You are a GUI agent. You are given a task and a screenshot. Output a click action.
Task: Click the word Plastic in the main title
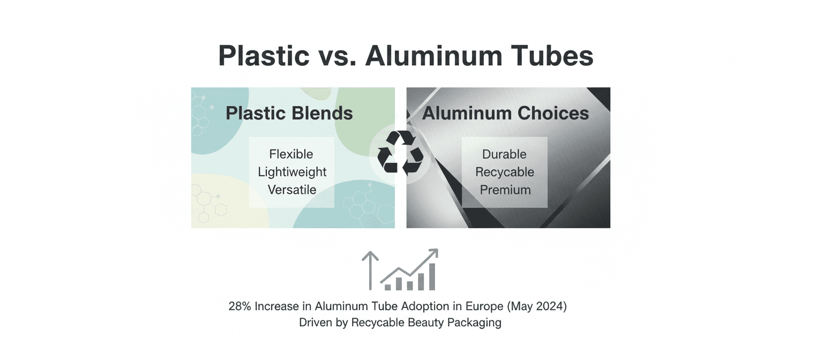(264, 56)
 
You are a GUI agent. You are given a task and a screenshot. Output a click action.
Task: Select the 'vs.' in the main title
(337, 58)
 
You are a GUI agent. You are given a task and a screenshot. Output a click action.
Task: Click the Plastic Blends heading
(289, 113)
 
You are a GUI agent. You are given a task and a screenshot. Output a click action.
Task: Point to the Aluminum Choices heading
(505, 113)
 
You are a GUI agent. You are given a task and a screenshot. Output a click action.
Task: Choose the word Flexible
(291, 154)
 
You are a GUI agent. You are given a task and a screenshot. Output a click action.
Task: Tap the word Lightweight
(292, 172)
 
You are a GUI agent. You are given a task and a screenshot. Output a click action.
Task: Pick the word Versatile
(291, 190)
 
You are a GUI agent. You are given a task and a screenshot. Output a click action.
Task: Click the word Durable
(504, 154)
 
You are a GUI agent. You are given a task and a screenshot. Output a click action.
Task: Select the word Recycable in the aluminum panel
(505, 172)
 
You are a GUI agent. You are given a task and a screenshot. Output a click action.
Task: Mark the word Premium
(505, 190)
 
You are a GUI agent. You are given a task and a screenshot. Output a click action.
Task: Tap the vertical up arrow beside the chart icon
(370, 271)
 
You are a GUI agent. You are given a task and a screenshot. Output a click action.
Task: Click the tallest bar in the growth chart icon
(432, 276)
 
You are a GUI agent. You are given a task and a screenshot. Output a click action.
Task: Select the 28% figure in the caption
(240, 306)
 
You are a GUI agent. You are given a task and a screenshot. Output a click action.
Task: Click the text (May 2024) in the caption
(537, 306)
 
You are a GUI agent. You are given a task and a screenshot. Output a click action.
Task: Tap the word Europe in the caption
(484, 307)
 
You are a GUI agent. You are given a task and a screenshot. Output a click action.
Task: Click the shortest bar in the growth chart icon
(387, 287)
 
